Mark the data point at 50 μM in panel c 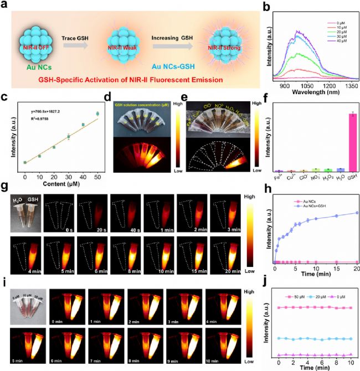tap(98, 114)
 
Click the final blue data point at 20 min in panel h tap(356, 213)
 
